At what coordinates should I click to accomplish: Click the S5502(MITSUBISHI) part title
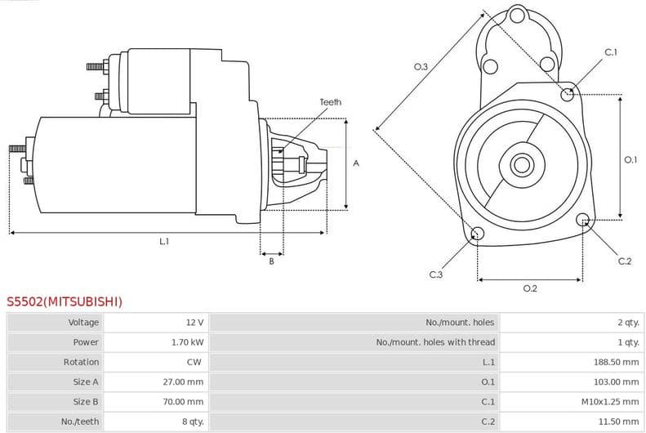(65, 301)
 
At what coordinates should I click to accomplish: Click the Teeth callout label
(330, 102)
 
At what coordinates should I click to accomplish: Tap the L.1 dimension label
(164, 241)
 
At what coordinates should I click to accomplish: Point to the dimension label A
(355, 163)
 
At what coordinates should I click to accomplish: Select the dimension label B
(271, 261)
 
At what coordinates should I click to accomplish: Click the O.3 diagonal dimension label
(421, 66)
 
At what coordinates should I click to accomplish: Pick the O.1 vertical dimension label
(630, 160)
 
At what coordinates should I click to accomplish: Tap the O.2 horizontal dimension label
(529, 288)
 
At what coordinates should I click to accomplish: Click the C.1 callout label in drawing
(610, 52)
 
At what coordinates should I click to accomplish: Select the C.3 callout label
(435, 275)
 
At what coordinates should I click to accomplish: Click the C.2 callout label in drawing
(624, 261)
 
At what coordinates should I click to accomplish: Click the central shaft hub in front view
(520, 164)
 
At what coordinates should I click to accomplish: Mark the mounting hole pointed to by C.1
(568, 94)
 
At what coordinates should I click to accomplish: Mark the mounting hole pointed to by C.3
(479, 234)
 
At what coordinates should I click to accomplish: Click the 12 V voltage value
(194, 323)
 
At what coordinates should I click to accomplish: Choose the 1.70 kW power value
(189, 342)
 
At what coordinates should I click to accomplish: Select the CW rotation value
(194, 362)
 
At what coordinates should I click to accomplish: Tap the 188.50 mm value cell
(616, 362)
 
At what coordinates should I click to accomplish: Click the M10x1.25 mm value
(609, 401)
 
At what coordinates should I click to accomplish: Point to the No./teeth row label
(81, 421)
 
